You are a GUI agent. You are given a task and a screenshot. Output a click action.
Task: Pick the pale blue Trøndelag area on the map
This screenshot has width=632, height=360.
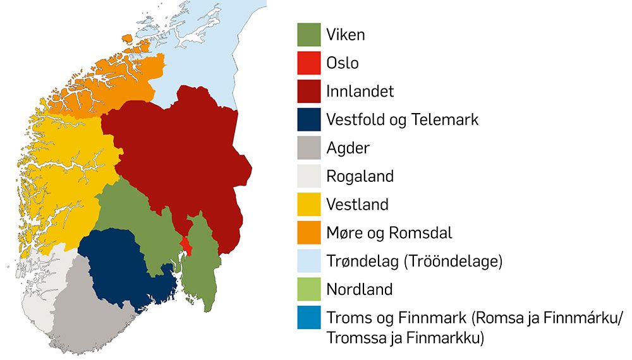tap(209, 44)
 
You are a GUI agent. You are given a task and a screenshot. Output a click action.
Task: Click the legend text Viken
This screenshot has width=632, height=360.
tap(346, 34)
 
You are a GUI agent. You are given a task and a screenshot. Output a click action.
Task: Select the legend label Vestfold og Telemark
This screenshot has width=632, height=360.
tap(403, 119)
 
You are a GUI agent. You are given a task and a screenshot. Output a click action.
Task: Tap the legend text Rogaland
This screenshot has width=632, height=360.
tap(360, 176)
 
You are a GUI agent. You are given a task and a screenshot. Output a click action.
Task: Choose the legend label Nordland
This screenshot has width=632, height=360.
tap(360, 290)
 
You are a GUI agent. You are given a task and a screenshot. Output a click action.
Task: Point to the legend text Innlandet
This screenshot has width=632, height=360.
tap(360, 91)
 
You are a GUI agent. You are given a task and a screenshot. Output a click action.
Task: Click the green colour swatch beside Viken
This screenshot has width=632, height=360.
tap(308, 35)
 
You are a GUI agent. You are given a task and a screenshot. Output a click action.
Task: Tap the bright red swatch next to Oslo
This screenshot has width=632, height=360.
tap(308, 63)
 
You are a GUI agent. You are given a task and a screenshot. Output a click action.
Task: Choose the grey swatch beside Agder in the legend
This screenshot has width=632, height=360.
tap(308, 148)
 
